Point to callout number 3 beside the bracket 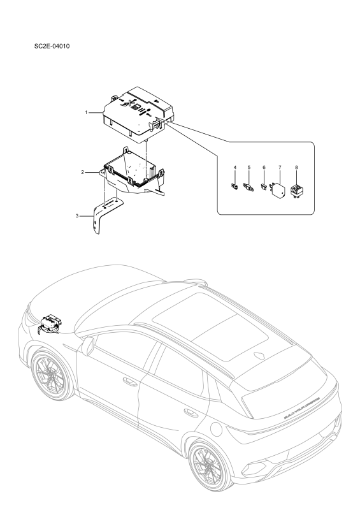76,216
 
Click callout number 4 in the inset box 234,167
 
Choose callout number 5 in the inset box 248,167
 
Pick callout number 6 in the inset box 264,167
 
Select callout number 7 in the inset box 279,167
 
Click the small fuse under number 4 234,187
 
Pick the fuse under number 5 248,187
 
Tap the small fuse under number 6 264,188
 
